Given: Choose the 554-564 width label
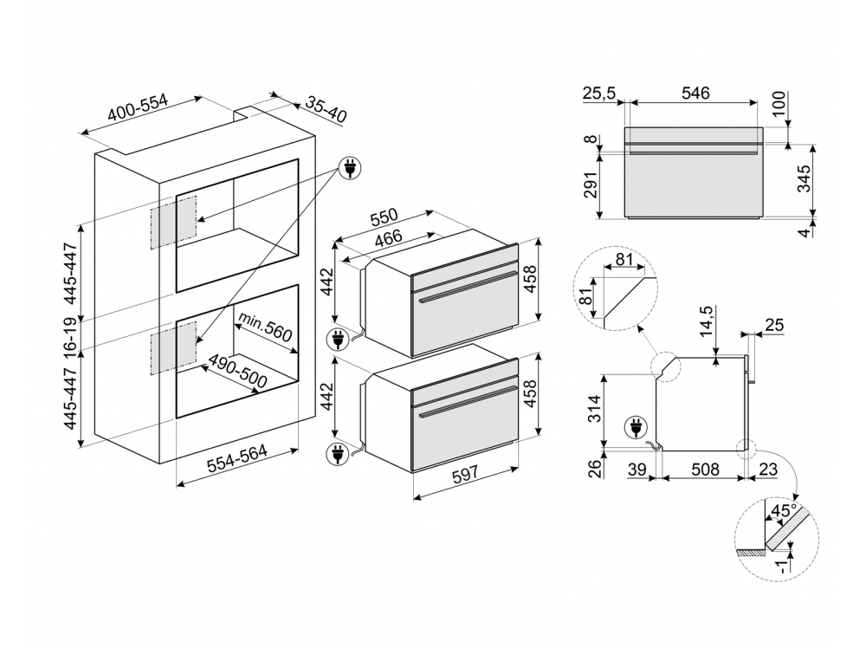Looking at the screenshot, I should tap(234, 463).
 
